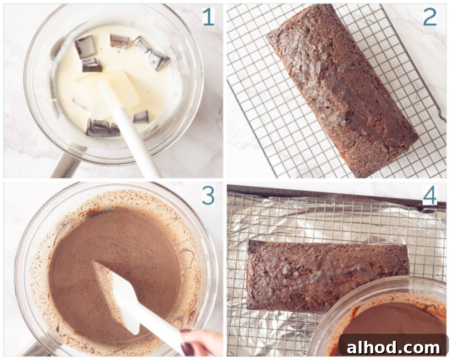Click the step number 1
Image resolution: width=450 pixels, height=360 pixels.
point(208,17)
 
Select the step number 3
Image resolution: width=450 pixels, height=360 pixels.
point(208,196)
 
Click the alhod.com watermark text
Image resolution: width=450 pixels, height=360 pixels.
point(393,348)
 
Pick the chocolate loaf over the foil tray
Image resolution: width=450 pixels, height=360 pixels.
point(326,276)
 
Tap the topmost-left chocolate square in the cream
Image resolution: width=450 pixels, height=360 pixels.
point(85,46)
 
